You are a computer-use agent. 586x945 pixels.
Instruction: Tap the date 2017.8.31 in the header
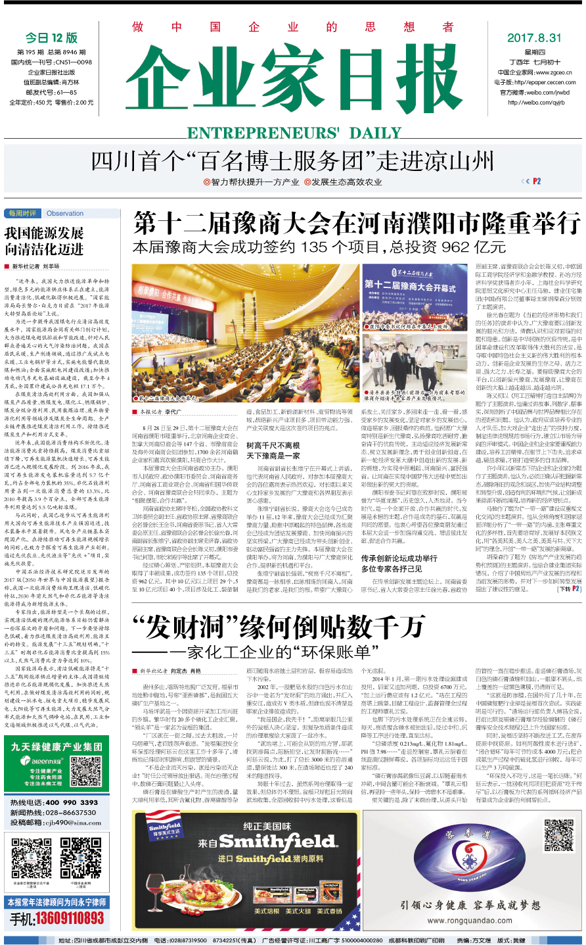tap(534, 37)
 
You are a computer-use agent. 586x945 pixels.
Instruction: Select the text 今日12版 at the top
tap(51, 37)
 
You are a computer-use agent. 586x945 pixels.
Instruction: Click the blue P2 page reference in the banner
tap(537, 181)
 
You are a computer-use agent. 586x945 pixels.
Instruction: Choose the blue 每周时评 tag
tap(23, 213)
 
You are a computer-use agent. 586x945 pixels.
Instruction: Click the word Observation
tap(65, 213)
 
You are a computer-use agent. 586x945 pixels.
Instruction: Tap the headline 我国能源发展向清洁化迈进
tap(44, 241)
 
